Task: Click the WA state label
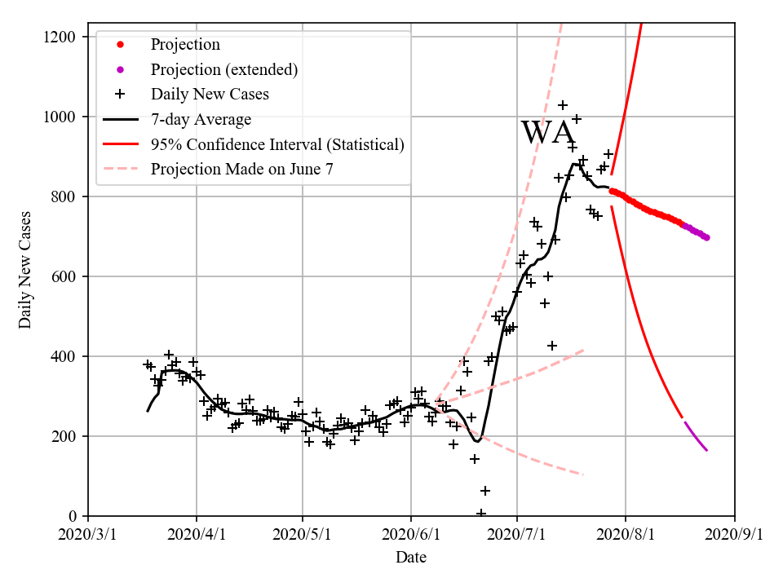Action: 547,133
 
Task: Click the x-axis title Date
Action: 411,558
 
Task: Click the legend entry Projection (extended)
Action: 223,69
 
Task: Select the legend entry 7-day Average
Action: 201,119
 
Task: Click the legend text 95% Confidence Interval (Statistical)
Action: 277,144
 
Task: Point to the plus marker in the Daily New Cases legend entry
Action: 120,94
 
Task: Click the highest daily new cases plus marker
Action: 563,105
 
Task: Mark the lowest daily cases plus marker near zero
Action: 481,514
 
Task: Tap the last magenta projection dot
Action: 706,238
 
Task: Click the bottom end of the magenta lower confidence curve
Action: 707,450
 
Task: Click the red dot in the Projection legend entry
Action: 120,45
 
